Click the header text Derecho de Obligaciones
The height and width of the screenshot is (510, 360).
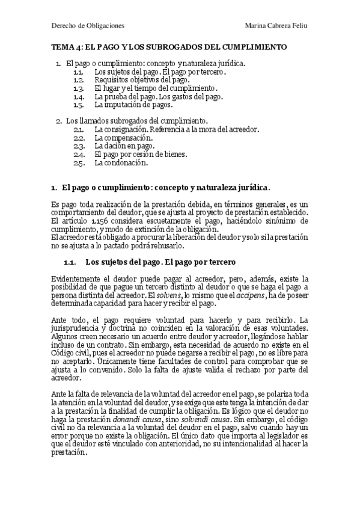point(88,26)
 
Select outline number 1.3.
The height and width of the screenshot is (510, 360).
point(78,88)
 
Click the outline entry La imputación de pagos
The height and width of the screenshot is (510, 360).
point(133,104)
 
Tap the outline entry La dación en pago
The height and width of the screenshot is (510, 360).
point(124,146)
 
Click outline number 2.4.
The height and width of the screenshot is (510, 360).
point(78,154)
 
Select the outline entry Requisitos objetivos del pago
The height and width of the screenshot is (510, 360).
point(142,80)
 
